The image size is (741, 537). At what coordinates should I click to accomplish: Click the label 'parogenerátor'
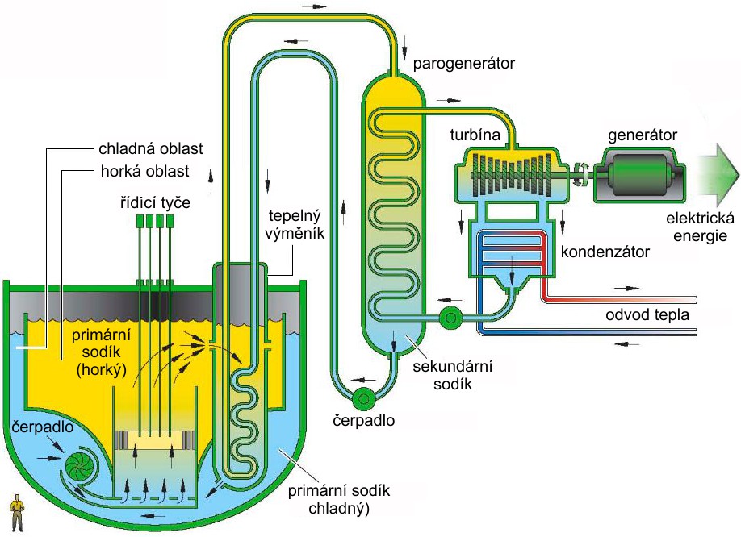[x=463, y=64]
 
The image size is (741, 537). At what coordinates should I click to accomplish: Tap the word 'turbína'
[x=475, y=135]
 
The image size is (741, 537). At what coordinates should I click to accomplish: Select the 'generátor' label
[x=643, y=135]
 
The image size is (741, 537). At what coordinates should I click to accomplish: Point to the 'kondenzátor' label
[x=605, y=252]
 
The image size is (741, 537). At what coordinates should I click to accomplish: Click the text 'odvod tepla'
[x=647, y=314]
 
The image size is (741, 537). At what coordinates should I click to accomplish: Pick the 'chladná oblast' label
[x=151, y=148]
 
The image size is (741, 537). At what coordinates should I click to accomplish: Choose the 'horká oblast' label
[x=144, y=171]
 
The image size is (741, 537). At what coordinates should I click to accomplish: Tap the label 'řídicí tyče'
[x=155, y=203]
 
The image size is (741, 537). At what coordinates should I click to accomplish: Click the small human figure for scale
[x=18, y=513]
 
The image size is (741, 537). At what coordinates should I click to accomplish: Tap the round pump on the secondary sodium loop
[x=363, y=399]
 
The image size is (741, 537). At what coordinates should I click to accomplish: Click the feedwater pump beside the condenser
[x=450, y=318]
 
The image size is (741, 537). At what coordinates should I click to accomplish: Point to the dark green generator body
[x=638, y=175]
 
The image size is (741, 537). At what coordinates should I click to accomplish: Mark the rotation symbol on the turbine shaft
[x=581, y=174]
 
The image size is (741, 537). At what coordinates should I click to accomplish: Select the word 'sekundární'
[x=452, y=367]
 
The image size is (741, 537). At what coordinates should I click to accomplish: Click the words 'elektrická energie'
[x=700, y=227]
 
